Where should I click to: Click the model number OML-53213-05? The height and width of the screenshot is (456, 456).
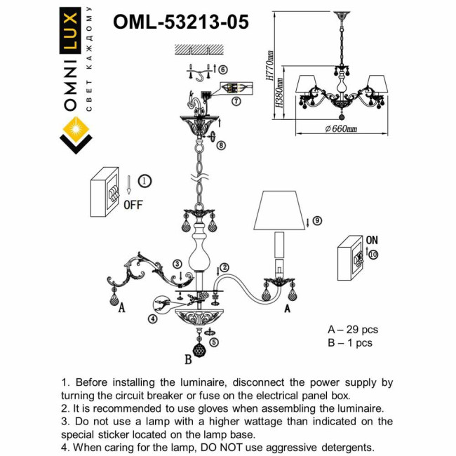[180, 22]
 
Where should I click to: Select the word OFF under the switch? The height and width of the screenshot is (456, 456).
[133, 206]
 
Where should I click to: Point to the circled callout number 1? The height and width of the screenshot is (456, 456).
[144, 181]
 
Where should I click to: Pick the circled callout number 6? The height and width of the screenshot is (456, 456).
[222, 69]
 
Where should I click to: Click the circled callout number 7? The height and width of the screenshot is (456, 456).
[236, 101]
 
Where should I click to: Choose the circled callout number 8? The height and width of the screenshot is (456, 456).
[221, 145]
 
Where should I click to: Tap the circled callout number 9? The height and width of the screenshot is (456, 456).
[316, 220]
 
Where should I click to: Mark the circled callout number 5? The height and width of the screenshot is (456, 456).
[213, 342]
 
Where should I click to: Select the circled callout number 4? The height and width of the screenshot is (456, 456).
[153, 318]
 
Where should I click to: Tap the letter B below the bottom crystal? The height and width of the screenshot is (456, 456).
[187, 361]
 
